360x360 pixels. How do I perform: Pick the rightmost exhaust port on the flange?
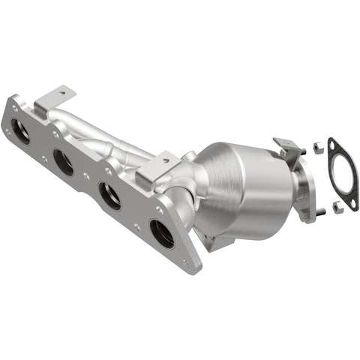(x=161, y=233)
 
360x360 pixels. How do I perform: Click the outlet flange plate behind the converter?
(x=303, y=191)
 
